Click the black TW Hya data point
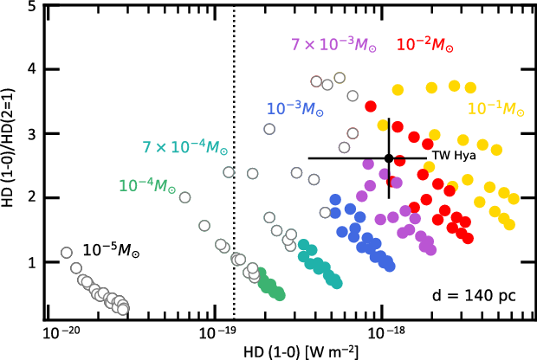pos(389,157)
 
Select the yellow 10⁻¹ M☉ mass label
pos(496,109)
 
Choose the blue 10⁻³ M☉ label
pos(295,109)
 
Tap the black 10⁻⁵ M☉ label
pos(112,250)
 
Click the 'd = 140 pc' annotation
pos(474,295)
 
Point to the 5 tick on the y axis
pos(32,6)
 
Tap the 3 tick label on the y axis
pos(32,134)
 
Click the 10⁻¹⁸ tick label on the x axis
pos(383,333)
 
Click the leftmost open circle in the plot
pos(67,254)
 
